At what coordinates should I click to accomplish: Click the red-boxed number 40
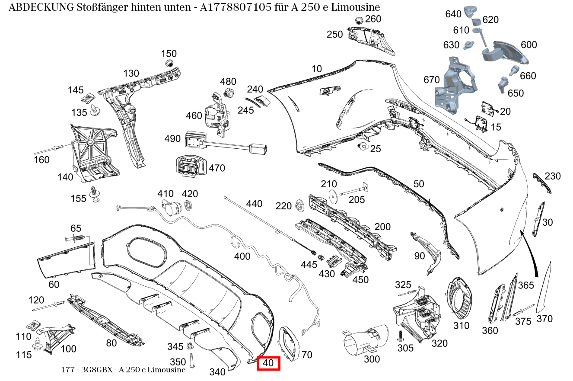click(268, 363)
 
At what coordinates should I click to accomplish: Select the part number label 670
click(431, 80)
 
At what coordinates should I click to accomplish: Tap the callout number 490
click(172, 139)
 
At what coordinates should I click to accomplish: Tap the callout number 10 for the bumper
click(317, 68)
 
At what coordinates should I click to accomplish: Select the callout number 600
click(528, 45)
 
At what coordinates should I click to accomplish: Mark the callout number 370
click(544, 319)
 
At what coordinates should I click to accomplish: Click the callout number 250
click(334, 34)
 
